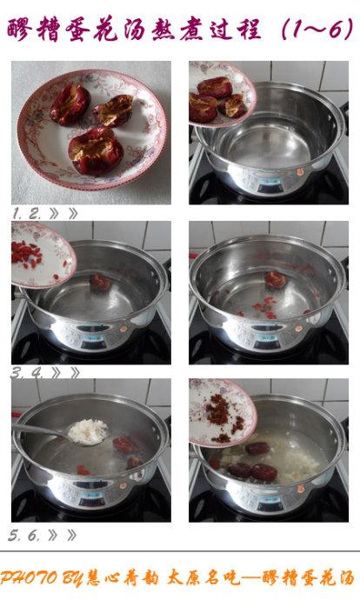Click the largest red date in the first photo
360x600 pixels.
[x=96, y=150]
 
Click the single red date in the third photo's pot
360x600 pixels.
[x=100, y=282]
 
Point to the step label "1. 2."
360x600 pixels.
[x=26, y=214]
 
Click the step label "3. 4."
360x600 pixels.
[x=27, y=373]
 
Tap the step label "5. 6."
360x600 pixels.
[x=23, y=536]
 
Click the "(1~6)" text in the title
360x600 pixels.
[x=317, y=29]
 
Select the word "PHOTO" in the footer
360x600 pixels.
[x=30, y=577]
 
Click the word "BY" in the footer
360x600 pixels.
[x=71, y=578]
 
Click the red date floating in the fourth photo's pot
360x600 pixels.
[x=276, y=280]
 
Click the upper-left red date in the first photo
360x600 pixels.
[x=70, y=104]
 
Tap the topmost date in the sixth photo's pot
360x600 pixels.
[x=257, y=448]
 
